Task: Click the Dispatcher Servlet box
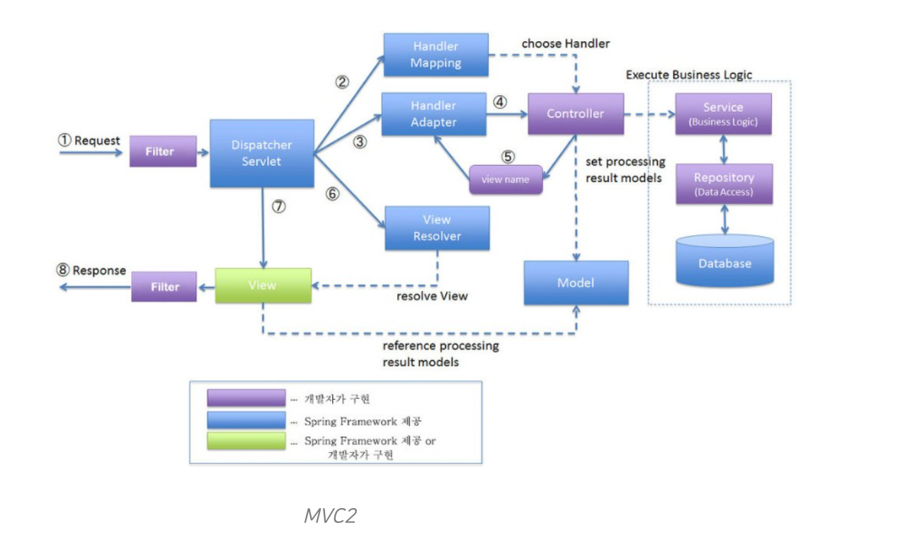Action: [x=262, y=153]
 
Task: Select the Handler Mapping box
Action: [x=436, y=55]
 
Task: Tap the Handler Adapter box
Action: [x=434, y=113]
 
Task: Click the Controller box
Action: [x=576, y=113]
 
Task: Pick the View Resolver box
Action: [x=437, y=228]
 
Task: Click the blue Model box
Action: [x=576, y=283]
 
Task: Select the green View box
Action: [x=263, y=286]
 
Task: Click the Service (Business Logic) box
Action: [x=723, y=113]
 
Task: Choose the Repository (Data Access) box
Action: [x=724, y=184]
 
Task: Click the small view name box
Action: [x=506, y=179]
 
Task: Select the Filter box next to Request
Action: [x=163, y=152]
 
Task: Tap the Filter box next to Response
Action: [x=164, y=287]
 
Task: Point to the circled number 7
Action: [x=278, y=207]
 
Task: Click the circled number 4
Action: [x=501, y=101]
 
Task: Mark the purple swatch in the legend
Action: [x=246, y=398]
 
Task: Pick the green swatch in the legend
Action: [x=246, y=441]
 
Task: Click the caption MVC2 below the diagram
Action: [x=330, y=515]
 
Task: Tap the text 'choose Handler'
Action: [x=565, y=44]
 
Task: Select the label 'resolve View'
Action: [x=432, y=296]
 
